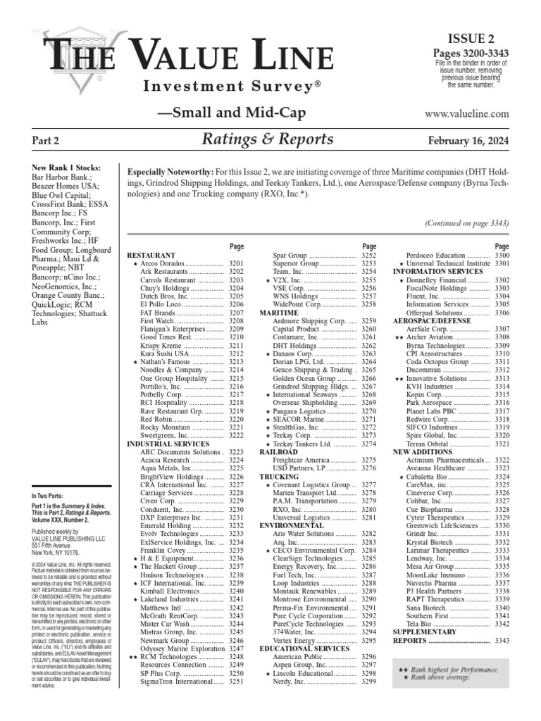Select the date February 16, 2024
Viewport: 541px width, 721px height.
pyautogui.click(x=468, y=140)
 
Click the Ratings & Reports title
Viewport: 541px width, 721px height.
pyautogui.click(x=267, y=139)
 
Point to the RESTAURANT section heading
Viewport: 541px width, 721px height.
pyautogui.click(x=151, y=254)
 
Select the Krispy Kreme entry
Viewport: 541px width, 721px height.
pyautogui.click(x=160, y=346)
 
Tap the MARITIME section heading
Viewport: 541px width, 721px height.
pyautogui.click(x=279, y=311)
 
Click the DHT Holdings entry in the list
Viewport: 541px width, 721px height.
pyautogui.click(x=295, y=346)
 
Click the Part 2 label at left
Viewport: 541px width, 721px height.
pyautogui.click(x=44, y=141)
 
